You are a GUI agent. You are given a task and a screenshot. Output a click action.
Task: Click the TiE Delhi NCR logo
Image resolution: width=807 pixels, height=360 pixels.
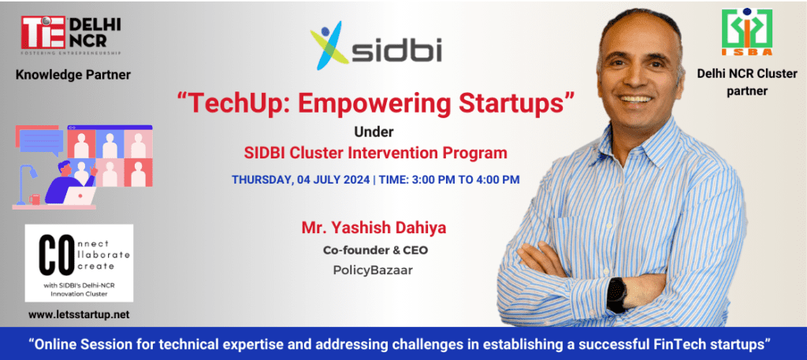pyautogui.click(x=70, y=35)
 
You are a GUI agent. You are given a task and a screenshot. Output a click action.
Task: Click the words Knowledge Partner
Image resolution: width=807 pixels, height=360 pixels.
pyautogui.click(x=73, y=75)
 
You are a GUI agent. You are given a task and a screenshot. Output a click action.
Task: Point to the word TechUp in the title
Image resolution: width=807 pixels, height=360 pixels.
pyautogui.click(x=229, y=104)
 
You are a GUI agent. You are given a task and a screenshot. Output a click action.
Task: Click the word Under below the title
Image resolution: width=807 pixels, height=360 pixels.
pyautogui.click(x=374, y=132)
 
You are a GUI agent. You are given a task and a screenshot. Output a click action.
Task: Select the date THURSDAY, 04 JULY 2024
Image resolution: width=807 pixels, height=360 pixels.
pyautogui.click(x=300, y=180)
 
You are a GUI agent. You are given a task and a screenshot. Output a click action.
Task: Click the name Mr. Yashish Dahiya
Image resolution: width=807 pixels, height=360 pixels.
pyautogui.click(x=374, y=228)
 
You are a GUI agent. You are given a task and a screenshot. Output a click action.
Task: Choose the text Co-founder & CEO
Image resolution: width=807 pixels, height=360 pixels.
pyautogui.click(x=375, y=251)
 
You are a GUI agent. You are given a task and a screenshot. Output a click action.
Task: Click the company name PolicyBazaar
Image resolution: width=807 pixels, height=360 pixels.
pyautogui.click(x=373, y=270)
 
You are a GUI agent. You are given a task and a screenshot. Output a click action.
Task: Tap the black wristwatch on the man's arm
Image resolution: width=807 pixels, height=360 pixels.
pyautogui.click(x=616, y=294)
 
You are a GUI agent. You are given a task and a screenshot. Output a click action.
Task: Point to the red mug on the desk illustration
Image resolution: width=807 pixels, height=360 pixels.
pyautogui.click(x=35, y=199)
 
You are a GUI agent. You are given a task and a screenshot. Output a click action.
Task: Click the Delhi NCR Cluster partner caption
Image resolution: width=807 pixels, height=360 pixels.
pyautogui.click(x=747, y=82)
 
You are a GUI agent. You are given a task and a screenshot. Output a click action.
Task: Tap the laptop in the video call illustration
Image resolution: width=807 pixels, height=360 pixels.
pyautogui.click(x=81, y=195)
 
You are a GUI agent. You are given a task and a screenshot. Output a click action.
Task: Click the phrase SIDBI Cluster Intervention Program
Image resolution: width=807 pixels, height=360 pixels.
pyautogui.click(x=375, y=153)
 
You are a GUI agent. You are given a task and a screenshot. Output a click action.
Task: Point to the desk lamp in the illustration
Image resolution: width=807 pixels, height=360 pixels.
pyautogui.click(x=24, y=183)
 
